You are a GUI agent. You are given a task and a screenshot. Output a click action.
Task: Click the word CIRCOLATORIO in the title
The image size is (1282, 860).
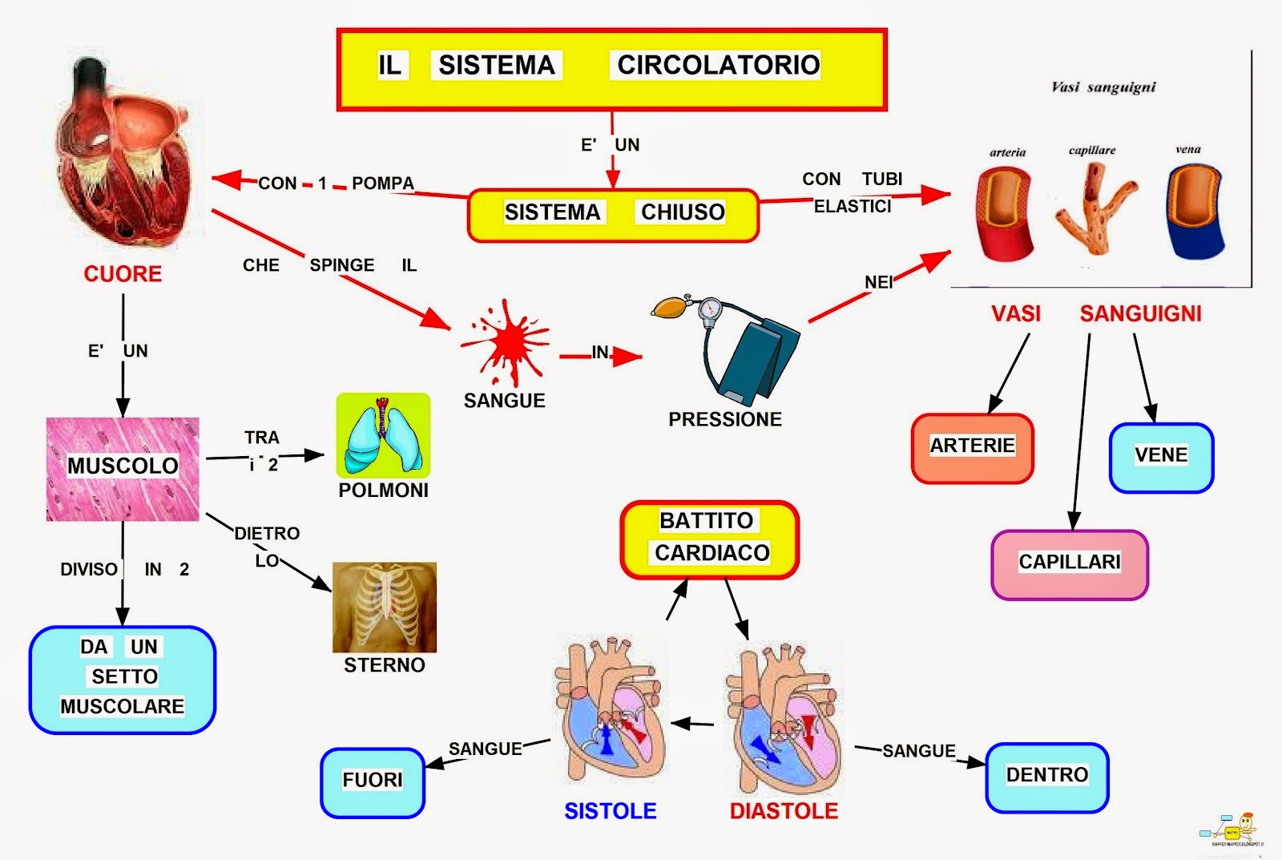pyautogui.click(x=718, y=65)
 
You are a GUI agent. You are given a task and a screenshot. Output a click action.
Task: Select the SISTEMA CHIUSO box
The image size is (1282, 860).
pyautogui.click(x=613, y=214)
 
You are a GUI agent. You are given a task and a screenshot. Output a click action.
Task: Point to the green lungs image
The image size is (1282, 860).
pyautogui.click(x=383, y=436)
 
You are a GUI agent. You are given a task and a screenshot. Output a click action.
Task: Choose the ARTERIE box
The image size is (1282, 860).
pyautogui.click(x=972, y=448)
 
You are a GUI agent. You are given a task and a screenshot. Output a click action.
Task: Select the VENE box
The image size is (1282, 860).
pyautogui.click(x=1161, y=457)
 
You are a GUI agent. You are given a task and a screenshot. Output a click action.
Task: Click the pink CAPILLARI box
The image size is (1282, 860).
pyautogui.click(x=1070, y=563)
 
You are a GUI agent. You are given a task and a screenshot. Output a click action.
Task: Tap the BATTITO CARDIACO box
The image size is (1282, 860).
pyautogui.click(x=710, y=539)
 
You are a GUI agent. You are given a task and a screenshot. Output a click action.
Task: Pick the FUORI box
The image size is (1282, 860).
pyautogui.click(x=373, y=781)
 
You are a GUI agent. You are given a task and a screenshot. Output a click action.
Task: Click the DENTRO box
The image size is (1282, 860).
pyautogui.click(x=1046, y=777)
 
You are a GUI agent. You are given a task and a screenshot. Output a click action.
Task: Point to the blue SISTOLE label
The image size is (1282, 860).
pyautogui.click(x=611, y=811)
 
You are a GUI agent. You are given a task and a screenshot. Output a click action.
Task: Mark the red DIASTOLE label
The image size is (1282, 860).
pyautogui.click(x=784, y=811)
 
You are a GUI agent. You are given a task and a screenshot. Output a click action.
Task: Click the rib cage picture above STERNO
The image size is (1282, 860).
pyautogui.click(x=385, y=607)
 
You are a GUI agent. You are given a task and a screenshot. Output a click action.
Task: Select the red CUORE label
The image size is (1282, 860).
pyautogui.click(x=123, y=274)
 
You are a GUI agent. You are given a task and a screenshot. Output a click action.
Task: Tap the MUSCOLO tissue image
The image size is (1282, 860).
pyautogui.click(x=123, y=469)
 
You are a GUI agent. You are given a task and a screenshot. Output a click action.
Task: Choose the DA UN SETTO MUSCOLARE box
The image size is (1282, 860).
pyautogui.click(x=123, y=679)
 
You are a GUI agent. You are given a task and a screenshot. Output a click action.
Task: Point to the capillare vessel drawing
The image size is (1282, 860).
pyautogui.click(x=1095, y=208)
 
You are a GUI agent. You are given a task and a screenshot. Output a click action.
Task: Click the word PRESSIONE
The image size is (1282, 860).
pyautogui.click(x=725, y=419)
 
